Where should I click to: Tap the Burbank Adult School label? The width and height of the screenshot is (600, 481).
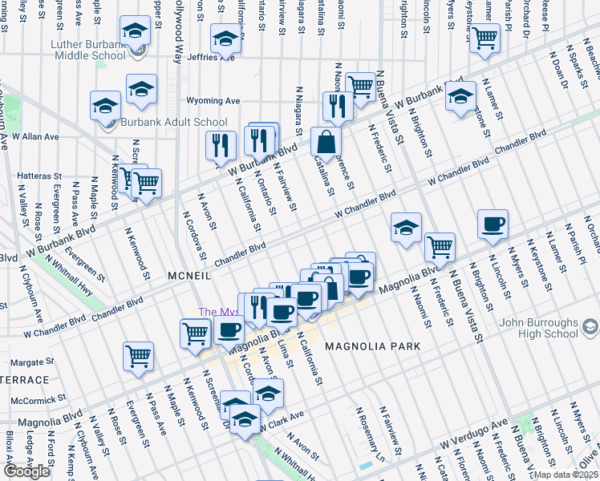[174, 123]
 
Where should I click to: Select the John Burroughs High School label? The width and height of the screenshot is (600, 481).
[537, 328]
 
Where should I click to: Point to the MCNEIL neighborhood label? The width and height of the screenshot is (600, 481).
[189, 275]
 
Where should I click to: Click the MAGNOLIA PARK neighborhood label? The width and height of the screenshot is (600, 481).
[373, 346]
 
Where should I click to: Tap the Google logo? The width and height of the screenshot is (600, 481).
[26, 471]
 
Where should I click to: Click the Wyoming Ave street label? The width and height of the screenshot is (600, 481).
[213, 101]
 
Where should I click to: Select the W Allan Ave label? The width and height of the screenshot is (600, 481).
[35, 137]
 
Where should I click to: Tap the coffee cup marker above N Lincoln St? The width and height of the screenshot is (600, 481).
[493, 224]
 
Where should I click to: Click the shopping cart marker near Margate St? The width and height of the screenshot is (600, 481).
[139, 355]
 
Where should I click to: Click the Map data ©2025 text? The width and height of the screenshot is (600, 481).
[566, 475]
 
